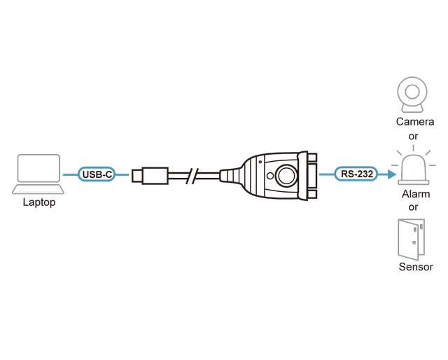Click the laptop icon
38,174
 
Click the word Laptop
39,202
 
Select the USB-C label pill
97,174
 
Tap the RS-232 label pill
356,174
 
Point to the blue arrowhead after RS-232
392,174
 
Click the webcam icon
412,95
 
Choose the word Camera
415,122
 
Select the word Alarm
416,194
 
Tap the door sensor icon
411,240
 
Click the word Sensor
416,267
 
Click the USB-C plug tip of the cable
137,176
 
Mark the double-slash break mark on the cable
192,176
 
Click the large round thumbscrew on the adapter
286,175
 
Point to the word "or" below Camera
413,137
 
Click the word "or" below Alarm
413,207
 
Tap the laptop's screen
38,168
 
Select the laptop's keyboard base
38,189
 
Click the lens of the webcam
412,92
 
